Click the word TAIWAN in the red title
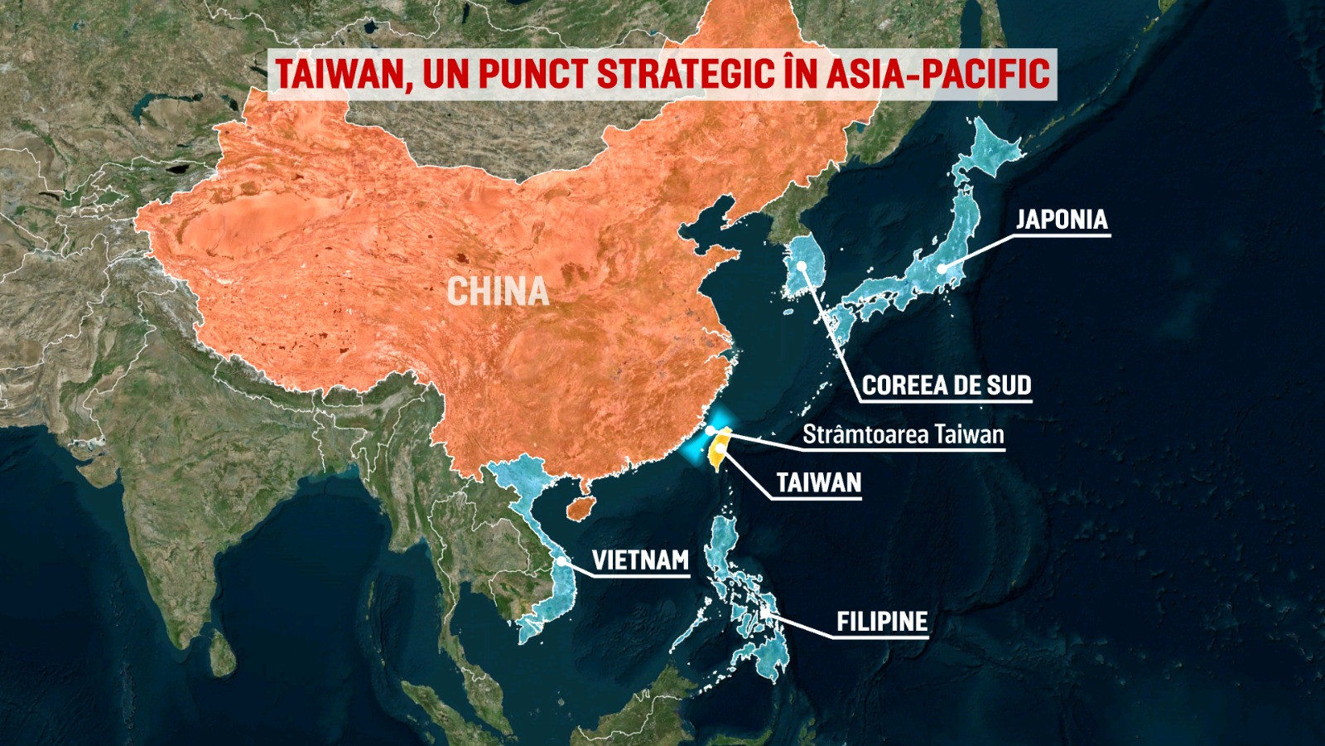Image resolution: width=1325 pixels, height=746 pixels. click(340, 74)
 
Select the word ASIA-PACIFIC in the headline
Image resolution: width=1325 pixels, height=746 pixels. click(937, 74)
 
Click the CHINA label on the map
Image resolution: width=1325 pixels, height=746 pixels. click(498, 292)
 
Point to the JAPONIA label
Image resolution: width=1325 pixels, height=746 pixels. click(1062, 220)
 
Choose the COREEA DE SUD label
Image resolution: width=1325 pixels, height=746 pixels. click(947, 385)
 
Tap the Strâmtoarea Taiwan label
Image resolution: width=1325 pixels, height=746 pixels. click(903, 435)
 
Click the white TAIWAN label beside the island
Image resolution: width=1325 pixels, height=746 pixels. click(819, 483)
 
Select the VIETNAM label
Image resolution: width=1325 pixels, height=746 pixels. click(640, 561)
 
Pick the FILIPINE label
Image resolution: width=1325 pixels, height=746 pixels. click(882, 622)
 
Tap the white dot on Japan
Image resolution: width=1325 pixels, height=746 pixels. click(942, 269)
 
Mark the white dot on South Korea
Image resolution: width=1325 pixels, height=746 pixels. click(803, 267)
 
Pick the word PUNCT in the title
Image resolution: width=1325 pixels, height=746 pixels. click(532, 74)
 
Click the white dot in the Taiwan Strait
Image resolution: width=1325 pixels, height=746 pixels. click(710, 430)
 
